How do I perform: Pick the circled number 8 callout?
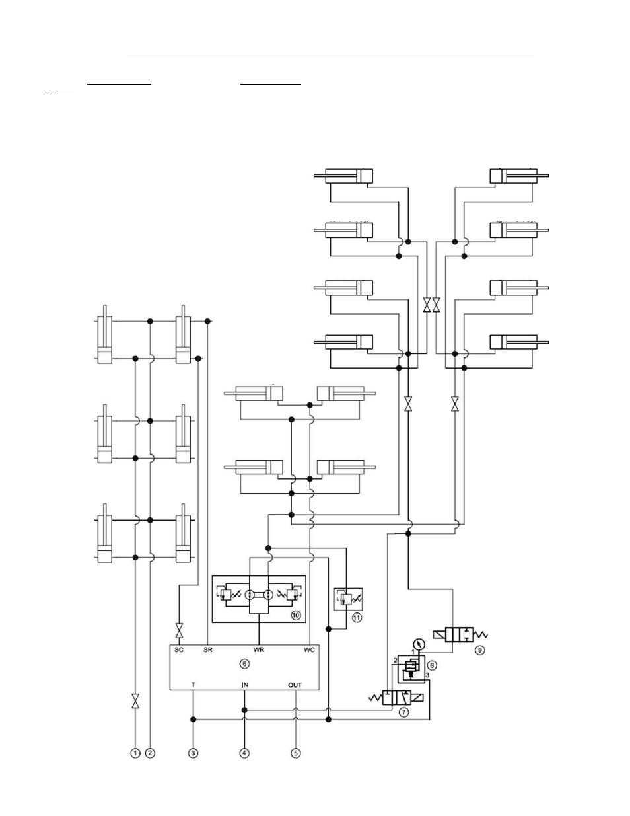coord(432,665)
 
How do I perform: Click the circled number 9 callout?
coord(479,650)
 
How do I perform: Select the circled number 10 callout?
coord(296,615)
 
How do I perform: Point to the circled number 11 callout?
coord(357,617)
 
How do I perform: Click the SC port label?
coord(178,649)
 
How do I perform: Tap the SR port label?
coord(207,649)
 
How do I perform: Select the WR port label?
coord(258,649)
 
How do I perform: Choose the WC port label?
coord(309,649)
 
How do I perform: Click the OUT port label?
coord(295,685)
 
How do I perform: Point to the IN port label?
coord(244,685)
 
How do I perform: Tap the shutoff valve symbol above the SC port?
coord(179,630)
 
